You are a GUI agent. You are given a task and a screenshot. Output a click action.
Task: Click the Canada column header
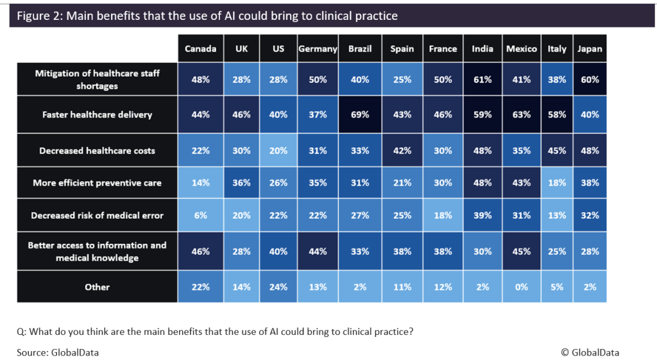tap(200, 49)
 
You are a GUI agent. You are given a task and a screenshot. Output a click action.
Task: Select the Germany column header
tap(318, 49)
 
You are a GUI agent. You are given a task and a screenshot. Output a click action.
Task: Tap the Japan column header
tap(589, 49)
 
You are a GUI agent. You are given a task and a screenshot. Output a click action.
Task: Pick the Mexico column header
tap(522, 49)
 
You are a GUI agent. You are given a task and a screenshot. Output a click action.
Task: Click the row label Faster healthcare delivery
tap(98, 115)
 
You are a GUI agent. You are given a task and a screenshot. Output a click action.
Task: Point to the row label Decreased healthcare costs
tap(98, 151)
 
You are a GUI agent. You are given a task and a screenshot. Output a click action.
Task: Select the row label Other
tap(98, 287)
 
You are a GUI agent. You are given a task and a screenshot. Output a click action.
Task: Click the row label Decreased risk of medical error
tap(98, 216)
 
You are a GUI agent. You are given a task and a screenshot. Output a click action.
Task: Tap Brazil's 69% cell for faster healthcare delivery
tap(360, 115)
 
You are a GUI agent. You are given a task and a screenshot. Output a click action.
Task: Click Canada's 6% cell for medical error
tap(200, 216)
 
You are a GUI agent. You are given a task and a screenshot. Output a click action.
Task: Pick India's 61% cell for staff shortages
tap(482, 80)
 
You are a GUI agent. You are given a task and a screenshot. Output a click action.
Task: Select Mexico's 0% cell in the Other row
tap(522, 287)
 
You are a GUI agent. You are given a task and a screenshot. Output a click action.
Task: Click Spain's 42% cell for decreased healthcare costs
tap(402, 151)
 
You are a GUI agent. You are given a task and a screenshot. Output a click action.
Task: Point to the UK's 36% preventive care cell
tap(241, 183)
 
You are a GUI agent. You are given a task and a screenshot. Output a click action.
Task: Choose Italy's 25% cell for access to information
tap(557, 252)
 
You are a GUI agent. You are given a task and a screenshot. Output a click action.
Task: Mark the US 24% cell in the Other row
tap(278, 287)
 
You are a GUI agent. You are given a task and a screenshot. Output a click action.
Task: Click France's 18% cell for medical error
tap(443, 216)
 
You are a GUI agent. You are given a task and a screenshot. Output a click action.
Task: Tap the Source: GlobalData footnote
tap(58, 352)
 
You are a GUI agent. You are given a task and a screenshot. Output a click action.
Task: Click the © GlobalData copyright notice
tap(590, 352)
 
